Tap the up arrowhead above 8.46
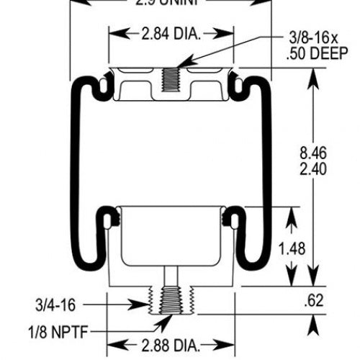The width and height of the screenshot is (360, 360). [x=313, y=74]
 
